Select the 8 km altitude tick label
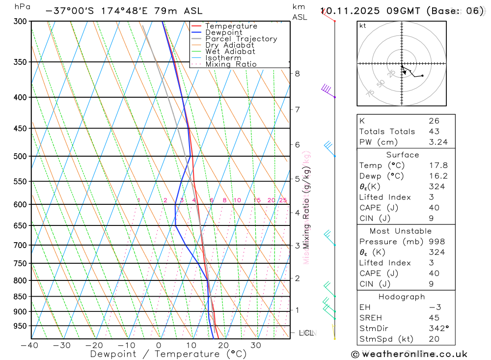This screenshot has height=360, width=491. [x=297, y=74]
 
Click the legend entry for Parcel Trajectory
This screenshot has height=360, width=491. [x=241, y=39]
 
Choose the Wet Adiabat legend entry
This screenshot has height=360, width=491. [x=230, y=52]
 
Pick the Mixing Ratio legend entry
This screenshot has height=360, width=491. [x=231, y=64]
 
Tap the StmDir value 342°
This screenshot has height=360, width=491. [x=435, y=328]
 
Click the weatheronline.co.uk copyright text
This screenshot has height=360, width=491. [x=409, y=354]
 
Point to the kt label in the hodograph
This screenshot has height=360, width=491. [x=363, y=26]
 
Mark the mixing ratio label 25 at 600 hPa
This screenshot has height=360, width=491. [x=283, y=200]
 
